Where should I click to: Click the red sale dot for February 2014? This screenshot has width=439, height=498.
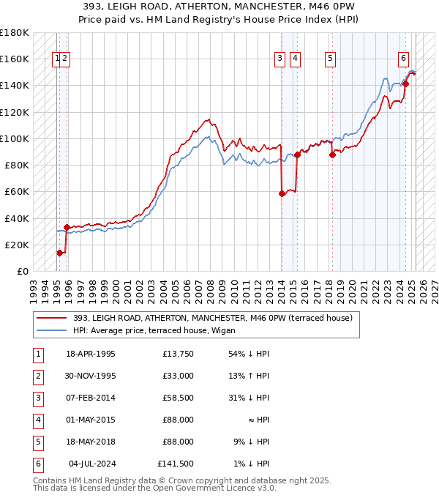[282, 193]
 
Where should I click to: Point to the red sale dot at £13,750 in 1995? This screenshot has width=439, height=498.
[60, 253]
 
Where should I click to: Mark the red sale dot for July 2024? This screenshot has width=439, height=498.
[405, 83]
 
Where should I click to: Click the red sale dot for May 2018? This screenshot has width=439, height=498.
[332, 155]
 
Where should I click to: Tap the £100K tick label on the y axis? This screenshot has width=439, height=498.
[15, 138]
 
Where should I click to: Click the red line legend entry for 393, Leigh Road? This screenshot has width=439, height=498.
[212, 318]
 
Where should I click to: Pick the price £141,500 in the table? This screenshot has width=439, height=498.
[176, 464]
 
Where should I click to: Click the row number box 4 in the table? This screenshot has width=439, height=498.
[37, 420]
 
